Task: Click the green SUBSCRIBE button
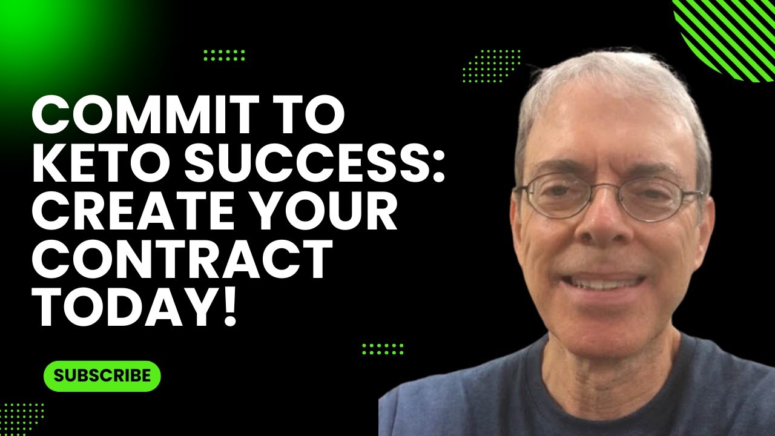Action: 102,375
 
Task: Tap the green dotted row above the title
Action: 224,56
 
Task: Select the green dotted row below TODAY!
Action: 383,349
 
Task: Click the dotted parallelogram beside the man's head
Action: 491,65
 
